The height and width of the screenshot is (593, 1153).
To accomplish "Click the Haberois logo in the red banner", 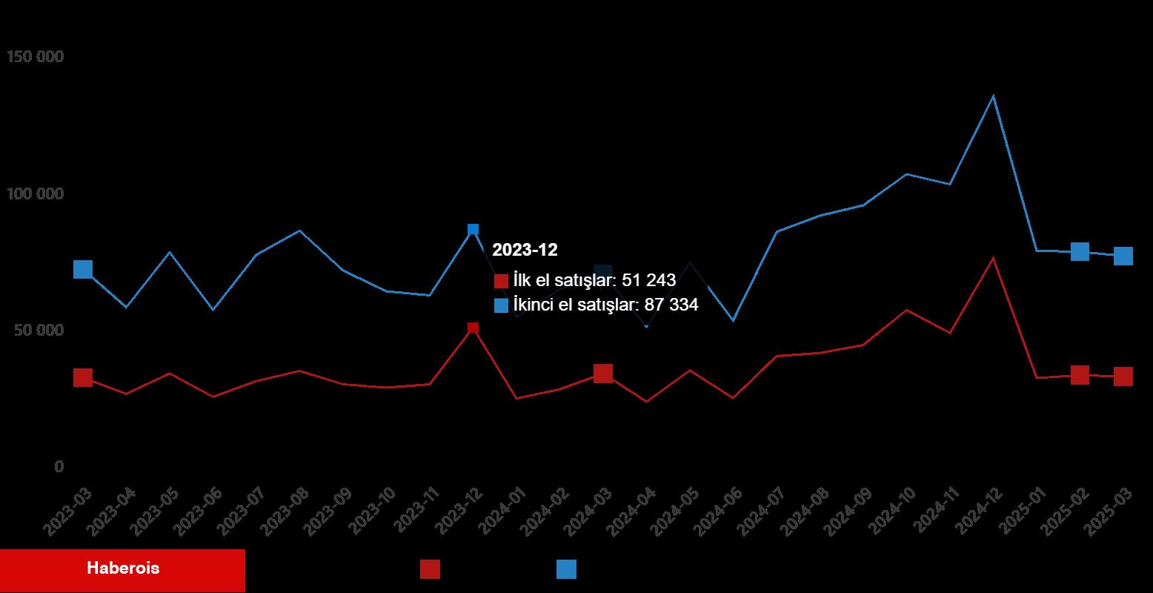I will click(123, 569).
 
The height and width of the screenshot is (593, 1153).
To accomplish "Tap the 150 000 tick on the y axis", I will click(35, 57).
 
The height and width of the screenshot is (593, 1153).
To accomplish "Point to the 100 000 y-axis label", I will click(35, 194).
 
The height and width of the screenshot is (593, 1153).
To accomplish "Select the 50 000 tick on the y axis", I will click(39, 331).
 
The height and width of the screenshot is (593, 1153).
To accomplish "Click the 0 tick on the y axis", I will click(59, 467).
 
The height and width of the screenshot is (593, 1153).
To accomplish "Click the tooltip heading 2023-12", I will click(525, 251).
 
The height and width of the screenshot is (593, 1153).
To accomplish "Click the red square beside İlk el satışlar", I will click(501, 282).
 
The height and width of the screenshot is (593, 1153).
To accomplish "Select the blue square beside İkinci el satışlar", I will click(501, 305).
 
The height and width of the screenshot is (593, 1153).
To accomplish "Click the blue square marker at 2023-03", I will click(83, 269).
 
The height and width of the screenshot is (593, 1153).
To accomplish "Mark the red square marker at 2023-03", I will click(83, 377).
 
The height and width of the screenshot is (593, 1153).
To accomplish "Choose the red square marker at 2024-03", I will click(603, 374).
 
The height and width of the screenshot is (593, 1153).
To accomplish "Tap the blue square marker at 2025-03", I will click(1123, 256).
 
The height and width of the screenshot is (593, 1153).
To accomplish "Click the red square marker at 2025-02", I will click(1080, 375).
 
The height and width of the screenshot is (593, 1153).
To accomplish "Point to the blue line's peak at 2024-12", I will click(993, 96).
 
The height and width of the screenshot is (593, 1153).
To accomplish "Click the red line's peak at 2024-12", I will click(993, 258).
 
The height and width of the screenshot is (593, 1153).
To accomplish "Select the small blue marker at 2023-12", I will click(473, 230).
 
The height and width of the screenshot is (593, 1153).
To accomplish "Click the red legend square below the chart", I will click(430, 569).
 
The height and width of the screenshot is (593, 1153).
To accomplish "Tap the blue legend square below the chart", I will click(566, 569).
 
